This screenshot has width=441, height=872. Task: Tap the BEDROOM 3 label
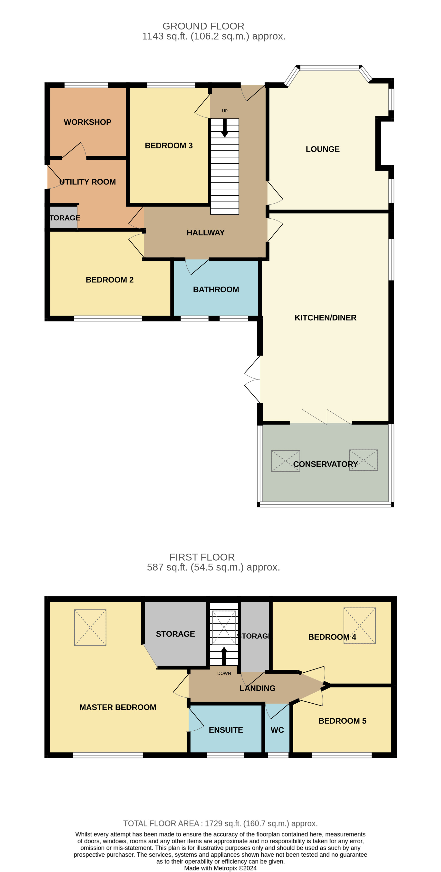pyautogui.click(x=169, y=145)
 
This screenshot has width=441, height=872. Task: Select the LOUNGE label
pyautogui.click(x=323, y=149)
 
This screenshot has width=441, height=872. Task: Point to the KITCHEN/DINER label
pyautogui.click(x=325, y=318)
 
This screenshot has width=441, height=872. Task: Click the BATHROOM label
pyautogui.click(x=216, y=290)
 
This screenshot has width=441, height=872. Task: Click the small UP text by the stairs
pyautogui.click(x=225, y=111)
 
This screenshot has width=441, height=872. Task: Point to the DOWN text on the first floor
pyautogui.click(x=224, y=673)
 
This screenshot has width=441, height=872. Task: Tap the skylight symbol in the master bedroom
pyautogui.click(x=90, y=628)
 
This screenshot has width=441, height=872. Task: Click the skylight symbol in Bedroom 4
pyautogui.click(x=359, y=626)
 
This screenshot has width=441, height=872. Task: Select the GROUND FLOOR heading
pyautogui.click(x=203, y=26)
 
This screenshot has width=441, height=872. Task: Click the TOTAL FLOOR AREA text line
pyautogui.click(x=220, y=824)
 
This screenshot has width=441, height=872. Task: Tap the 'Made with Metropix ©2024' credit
pyautogui.click(x=220, y=868)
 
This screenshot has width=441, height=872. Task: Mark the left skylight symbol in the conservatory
pyautogui.click(x=285, y=461)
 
